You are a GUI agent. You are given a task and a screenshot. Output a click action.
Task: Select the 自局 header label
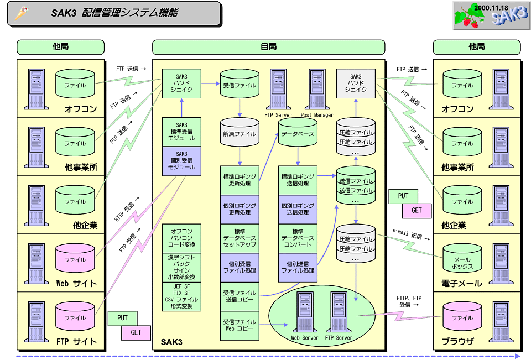click(x=268, y=47)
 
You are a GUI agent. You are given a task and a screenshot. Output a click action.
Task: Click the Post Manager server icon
click(x=317, y=90)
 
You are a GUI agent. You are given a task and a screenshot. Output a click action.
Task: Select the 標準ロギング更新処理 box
click(x=240, y=180)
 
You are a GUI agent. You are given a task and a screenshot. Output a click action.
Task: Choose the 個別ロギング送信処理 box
click(x=298, y=208)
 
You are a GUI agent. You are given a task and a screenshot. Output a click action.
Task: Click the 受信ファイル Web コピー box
click(x=240, y=325)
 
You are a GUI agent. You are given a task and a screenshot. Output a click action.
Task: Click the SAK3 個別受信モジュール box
click(x=181, y=160)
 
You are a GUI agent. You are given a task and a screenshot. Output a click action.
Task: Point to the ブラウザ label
click(x=457, y=341)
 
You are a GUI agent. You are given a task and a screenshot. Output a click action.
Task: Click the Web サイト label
click(x=76, y=283)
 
